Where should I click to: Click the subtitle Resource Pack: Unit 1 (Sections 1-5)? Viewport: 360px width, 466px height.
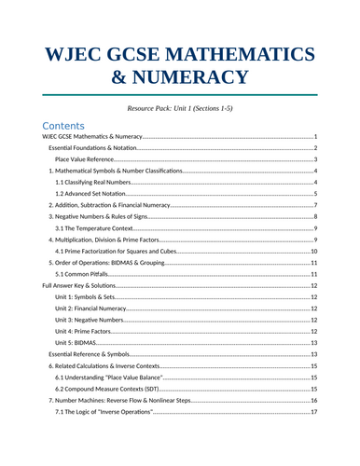[180, 108]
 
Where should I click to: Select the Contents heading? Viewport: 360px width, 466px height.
[63, 126]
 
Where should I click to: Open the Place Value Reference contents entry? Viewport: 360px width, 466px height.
[85, 159]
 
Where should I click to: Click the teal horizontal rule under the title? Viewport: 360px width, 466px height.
[180, 94]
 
